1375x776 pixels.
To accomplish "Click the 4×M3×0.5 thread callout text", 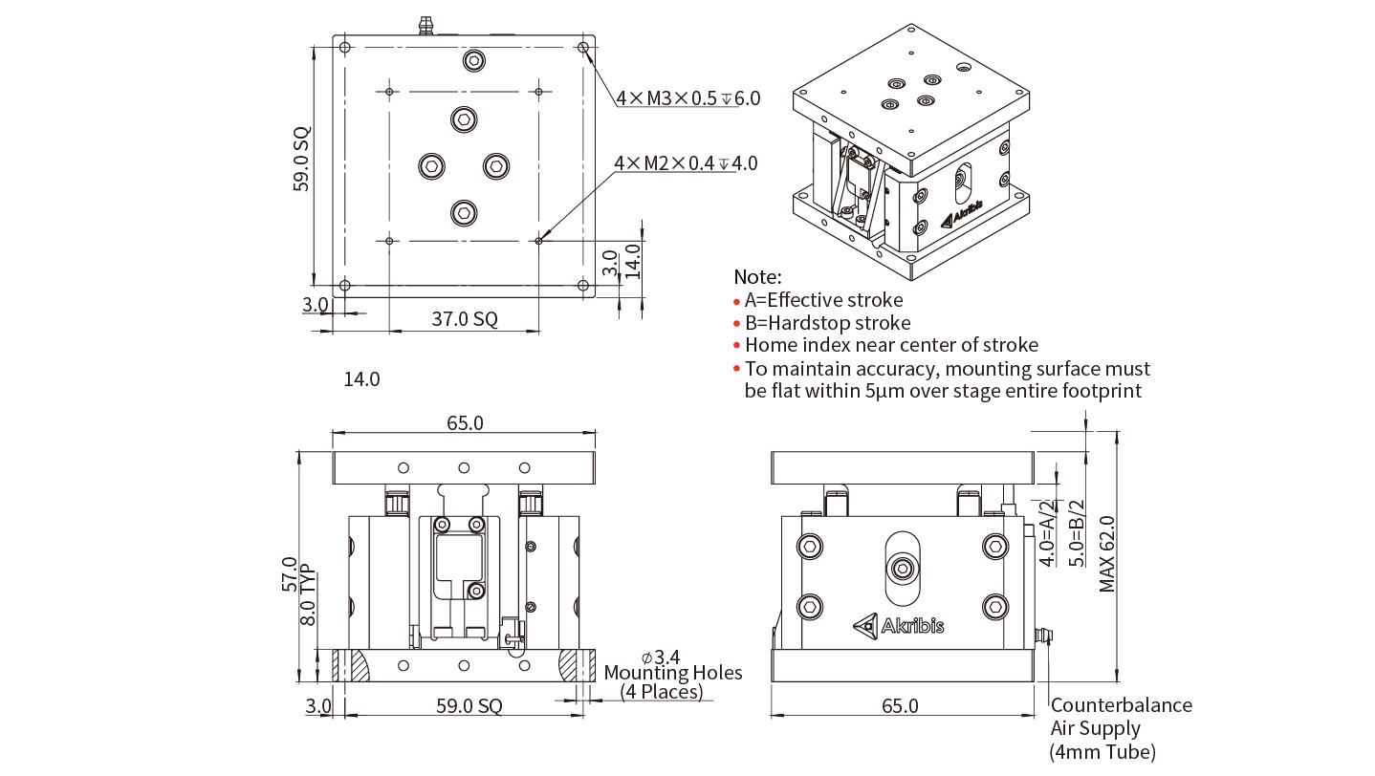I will tap(687, 97).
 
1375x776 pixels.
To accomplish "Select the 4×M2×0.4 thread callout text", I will tap(686, 163).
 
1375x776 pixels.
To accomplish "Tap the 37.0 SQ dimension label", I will tap(464, 319).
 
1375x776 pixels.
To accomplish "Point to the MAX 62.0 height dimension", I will tap(1107, 554).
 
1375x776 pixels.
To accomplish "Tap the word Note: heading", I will tap(757, 277).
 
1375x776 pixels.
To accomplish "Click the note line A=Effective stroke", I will tap(823, 300).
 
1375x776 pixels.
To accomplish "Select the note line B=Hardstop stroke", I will tap(827, 323).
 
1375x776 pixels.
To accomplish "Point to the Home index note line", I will tap(890, 345).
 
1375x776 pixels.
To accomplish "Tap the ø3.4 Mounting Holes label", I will tap(672, 674).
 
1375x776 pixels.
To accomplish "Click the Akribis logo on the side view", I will tap(899, 625).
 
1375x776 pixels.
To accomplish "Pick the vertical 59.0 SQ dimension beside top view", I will tap(302, 161).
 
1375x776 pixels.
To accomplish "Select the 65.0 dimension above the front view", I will tap(465, 423).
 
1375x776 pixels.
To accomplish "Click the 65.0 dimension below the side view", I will tap(900, 706).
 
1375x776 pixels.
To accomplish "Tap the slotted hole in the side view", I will tap(902, 568).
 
